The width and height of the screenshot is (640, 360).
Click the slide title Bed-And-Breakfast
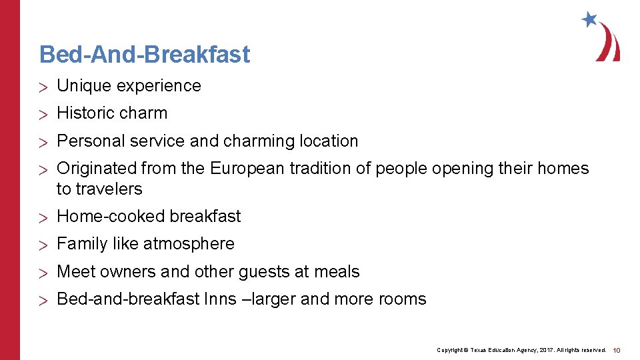pyautogui.click(x=145, y=54)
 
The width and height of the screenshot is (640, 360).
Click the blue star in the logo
pyautogui.click(x=589, y=19)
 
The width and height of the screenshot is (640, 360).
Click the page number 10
pyautogui.click(x=617, y=350)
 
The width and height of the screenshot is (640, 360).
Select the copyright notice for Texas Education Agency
pyautogui.click(x=521, y=350)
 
